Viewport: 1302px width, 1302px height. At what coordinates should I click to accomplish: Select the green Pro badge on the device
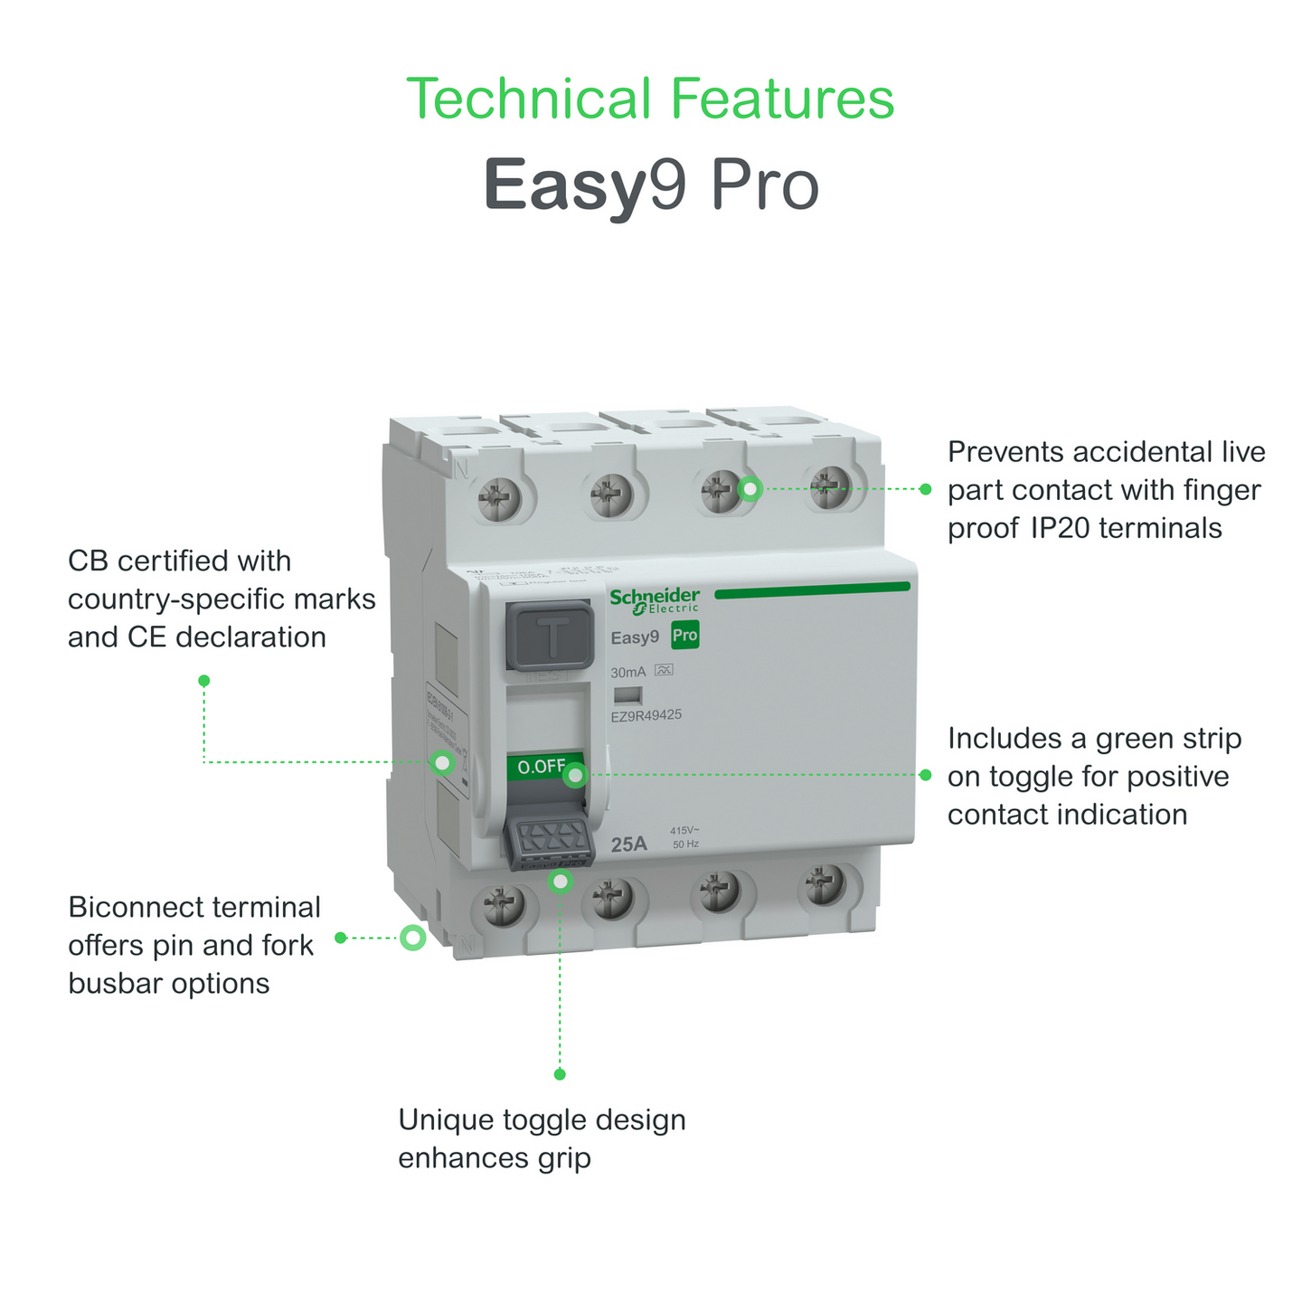[684, 636]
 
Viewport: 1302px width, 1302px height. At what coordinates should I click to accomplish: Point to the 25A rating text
[629, 844]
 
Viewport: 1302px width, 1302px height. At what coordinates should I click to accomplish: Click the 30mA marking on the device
[628, 672]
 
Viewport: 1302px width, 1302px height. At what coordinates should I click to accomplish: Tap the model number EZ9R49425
[646, 714]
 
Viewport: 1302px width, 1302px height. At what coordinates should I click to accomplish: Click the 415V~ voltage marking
[684, 830]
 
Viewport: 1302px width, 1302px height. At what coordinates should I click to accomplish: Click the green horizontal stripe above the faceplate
[812, 589]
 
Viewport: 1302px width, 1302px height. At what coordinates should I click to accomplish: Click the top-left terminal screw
[498, 496]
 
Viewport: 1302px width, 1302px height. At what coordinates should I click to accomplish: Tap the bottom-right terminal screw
[825, 884]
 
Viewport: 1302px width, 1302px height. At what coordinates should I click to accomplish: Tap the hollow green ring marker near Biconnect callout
[413, 938]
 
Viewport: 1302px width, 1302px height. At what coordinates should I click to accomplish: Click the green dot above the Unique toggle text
[560, 1074]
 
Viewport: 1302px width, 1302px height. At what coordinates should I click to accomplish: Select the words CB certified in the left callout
[179, 561]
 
